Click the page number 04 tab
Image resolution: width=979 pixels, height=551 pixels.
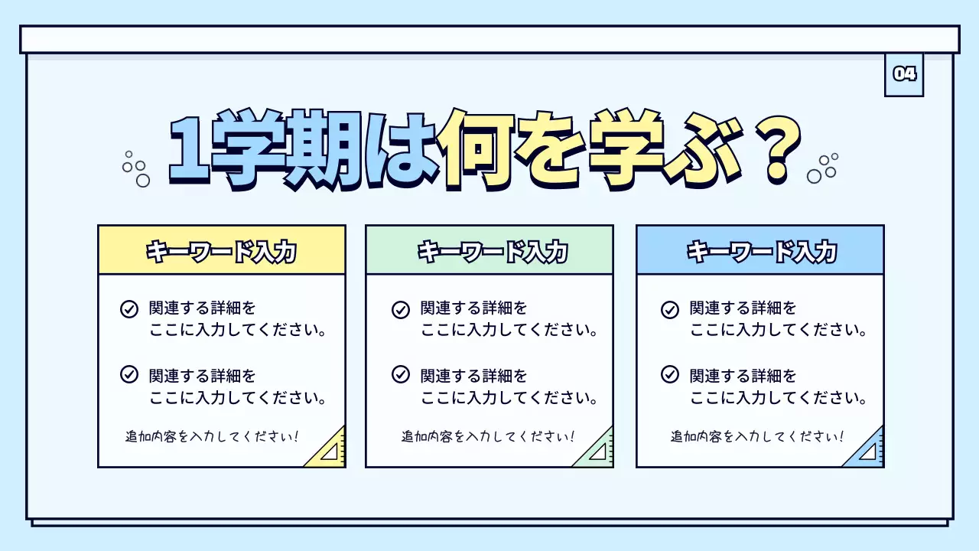click(x=904, y=74)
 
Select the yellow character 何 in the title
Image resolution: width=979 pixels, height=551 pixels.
click(x=477, y=150)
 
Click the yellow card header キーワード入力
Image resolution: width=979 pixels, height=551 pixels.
click(x=221, y=251)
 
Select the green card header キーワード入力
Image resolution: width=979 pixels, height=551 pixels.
click(x=489, y=251)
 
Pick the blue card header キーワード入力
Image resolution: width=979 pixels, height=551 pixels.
click(x=760, y=251)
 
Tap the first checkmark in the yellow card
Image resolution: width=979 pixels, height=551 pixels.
click(x=129, y=309)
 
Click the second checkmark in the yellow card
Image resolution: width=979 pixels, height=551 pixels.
click(x=129, y=375)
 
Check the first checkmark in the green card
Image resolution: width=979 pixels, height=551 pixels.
click(x=401, y=309)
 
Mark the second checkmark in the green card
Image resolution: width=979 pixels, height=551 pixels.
click(x=401, y=375)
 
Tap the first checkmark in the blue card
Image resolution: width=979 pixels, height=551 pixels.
click(x=670, y=309)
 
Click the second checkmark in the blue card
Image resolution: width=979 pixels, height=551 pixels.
click(x=670, y=375)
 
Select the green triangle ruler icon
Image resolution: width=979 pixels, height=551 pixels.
click(x=599, y=451)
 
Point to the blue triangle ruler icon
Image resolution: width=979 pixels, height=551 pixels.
click(x=869, y=451)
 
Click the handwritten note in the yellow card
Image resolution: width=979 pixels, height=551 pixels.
click(x=212, y=437)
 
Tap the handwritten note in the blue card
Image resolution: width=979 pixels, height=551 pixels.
click(x=757, y=437)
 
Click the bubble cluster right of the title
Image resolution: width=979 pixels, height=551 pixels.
click(x=823, y=168)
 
